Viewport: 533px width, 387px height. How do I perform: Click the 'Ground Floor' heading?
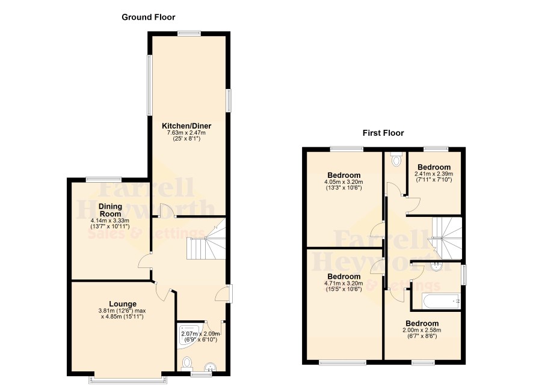[x=148, y=17]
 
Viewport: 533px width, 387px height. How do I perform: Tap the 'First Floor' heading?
[x=383, y=133]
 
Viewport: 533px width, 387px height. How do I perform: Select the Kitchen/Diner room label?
[x=186, y=126]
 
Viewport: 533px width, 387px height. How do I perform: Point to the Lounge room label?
[x=123, y=304]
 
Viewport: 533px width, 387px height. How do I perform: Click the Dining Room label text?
[x=110, y=210]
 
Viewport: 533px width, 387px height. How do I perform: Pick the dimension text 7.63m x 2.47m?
[x=186, y=133]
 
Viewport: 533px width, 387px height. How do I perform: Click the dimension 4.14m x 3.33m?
[x=110, y=221]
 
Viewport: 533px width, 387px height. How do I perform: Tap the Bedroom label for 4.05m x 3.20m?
[x=344, y=175]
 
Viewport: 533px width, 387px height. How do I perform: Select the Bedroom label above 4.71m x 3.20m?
[x=344, y=276]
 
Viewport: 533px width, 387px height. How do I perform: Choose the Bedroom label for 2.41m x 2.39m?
[x=434, y=167]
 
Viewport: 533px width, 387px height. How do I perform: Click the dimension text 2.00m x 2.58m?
[x=422, y=330]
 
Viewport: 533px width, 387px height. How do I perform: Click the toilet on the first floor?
[x=396, y=159]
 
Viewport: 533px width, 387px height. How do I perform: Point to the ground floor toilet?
[x=187, y=364]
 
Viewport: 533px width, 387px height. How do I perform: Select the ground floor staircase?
[x=206, y=239]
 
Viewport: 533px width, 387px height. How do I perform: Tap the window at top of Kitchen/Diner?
[x=189, y=33]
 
